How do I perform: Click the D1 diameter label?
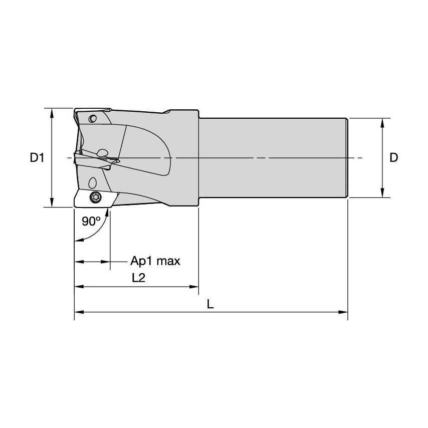(37, 158)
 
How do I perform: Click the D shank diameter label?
(394, 158)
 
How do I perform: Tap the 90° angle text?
(91, 221)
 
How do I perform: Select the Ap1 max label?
(155, 261)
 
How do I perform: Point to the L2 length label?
(138, 279)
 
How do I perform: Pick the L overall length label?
(210, 304)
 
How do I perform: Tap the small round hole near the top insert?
(92, 119)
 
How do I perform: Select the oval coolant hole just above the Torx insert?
(93, 182)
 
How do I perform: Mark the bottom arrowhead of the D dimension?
(383, 194)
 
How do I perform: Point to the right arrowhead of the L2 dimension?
(195, 287)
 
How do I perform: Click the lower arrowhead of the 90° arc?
(77, 241)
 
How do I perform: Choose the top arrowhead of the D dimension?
(383, 122)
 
